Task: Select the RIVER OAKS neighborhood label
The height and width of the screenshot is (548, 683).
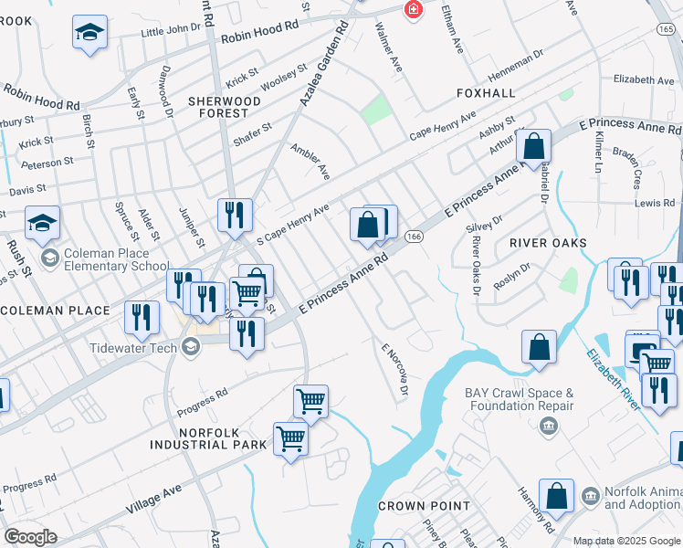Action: tap(548, 243)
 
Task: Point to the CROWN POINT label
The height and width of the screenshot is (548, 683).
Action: tap(424, 505)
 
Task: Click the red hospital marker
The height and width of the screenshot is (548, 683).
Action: tap(413, 9)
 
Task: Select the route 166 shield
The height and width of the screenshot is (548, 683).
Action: tap(414, 237)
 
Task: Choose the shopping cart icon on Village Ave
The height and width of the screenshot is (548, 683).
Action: tap(290, 438)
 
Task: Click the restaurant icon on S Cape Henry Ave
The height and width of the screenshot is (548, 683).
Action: tap(235, 215)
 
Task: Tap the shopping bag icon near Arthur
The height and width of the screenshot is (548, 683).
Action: tap(533, 145)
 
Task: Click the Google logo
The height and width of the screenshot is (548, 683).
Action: tap(30, 536)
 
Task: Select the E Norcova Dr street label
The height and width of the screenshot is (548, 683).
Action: tap(394, 370)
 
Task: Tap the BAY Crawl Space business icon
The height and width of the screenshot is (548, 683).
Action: tap(548, 424)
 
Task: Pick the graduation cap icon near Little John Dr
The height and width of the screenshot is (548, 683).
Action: tap(89, 33)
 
